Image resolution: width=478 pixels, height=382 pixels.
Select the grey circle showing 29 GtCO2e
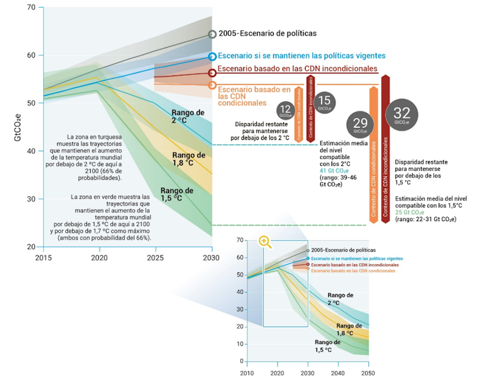pos(359,122)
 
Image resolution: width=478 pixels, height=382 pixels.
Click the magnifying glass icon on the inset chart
pos(264,242)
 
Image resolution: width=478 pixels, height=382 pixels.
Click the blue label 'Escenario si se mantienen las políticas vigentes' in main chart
pos(299,55)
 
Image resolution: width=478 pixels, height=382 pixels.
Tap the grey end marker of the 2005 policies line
pos(212,34)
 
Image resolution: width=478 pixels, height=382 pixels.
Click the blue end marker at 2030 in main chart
pos(212,56)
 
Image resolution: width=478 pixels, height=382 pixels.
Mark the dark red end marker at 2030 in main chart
pos(212,73)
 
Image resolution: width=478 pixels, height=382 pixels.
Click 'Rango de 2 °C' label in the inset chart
pos(340,298)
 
